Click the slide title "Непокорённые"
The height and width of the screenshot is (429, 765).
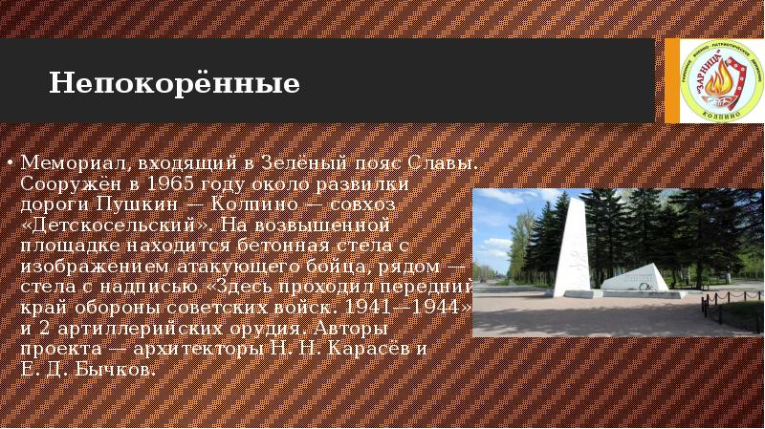pos(175,84)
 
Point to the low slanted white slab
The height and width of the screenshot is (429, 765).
pos(635,278)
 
